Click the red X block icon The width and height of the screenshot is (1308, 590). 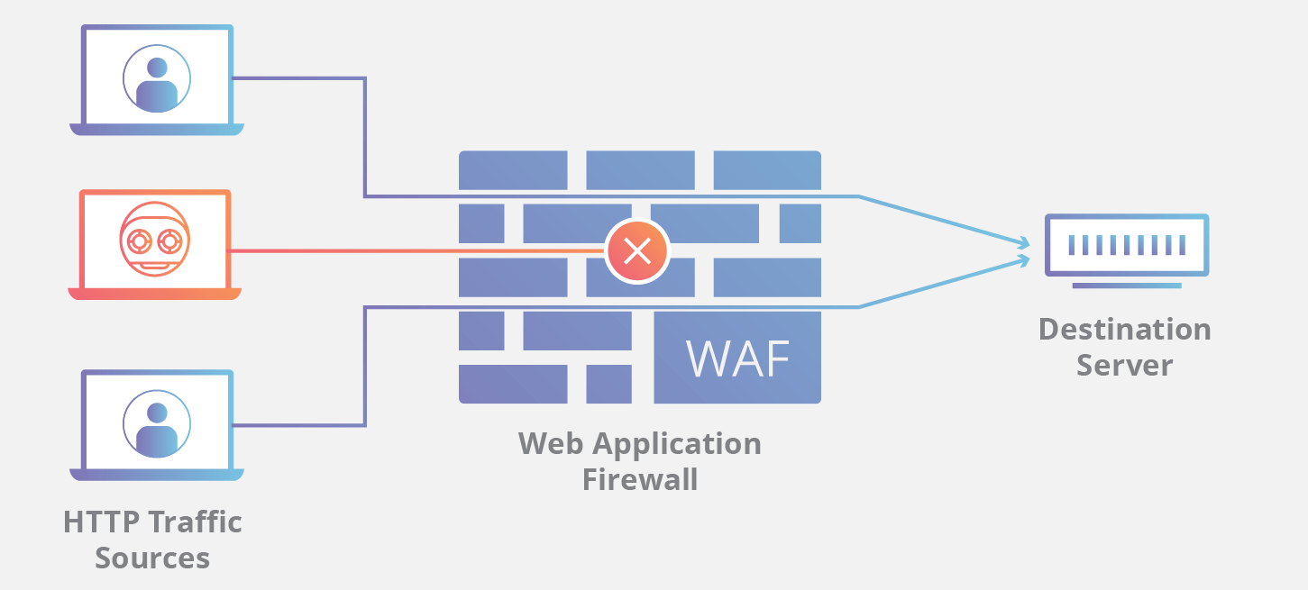click(637, 250)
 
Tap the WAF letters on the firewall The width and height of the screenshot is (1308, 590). click(738, 359)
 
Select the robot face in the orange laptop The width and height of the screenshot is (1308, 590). click(155, 241)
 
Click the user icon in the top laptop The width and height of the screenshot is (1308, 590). click(157, 79)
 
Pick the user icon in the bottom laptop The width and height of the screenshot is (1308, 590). click(157, 424)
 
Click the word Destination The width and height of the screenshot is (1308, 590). click(1124, 330)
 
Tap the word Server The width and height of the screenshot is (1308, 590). click(1124, 366)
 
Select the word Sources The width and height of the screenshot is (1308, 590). click(152, 558)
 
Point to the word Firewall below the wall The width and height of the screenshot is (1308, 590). click(639, 479)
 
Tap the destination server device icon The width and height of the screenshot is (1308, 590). click(1126, 244)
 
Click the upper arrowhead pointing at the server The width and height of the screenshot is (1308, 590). click(1023, 242)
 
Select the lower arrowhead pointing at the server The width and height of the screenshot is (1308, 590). click(1023, 259)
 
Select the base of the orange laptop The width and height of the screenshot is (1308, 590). click(155, 294)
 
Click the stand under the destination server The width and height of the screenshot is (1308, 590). click(1126, 286)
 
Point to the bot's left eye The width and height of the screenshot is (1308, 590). click(140, 241)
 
